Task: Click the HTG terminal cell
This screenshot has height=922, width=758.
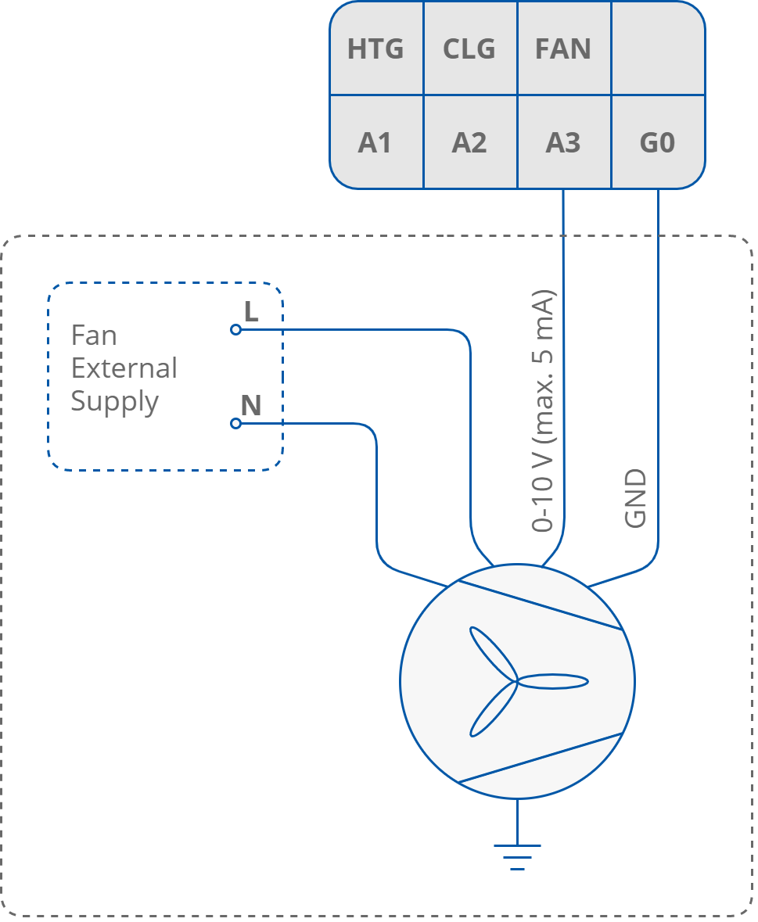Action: tap(375, 49)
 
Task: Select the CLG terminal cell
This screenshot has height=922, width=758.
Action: tap(469, 49)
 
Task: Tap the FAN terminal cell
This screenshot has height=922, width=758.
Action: tap(562, 49)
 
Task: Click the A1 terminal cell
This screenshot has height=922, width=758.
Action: tap(375, 143)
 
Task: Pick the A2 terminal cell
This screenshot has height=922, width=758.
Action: tap(469, 143)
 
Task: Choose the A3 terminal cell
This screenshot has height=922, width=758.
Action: tap(562, 143)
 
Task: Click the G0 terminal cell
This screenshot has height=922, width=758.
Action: tap(657, 143)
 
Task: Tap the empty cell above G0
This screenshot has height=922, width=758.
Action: tap(657, 49)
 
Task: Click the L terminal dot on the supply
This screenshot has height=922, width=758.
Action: tap(235, 330)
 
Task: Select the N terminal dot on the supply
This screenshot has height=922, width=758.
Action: tap(235, 423)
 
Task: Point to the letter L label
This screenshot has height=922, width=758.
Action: tap(251, 312)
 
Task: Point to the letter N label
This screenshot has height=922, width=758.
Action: tap(250, 405)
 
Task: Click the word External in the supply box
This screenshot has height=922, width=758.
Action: tap(124, 368)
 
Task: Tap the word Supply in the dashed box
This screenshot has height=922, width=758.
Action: tap(115, 402)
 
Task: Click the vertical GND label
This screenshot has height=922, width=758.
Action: tap(636, 499)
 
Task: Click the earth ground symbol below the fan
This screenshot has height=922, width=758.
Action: tap(517, 856)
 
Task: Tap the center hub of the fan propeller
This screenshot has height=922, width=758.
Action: tap(516, 682)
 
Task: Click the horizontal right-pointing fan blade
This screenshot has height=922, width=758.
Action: tap(554, 682)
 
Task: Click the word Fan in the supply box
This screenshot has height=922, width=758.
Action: tap(94, 335)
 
